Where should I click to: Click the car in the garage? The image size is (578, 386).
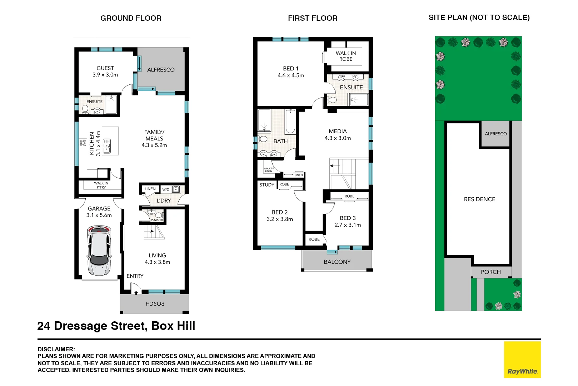[x=99, y=251]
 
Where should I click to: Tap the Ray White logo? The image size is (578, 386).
[x=522, y=360]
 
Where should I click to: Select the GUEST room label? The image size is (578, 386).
[x=105, y=68]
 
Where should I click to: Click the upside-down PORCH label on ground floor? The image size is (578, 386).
[x=155, y=304]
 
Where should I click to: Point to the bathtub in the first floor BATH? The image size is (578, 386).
[x=290, y=122]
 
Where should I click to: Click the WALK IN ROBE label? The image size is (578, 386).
[x=345, y=56]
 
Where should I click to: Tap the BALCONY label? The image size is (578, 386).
[x=337, y=262]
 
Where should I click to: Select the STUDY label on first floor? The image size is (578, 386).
[x=267, y=185]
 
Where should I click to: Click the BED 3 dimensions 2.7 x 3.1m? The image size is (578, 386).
[x=348, y=225]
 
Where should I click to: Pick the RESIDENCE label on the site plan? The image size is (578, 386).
[x=479, y=199]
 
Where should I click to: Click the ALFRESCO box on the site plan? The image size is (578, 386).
[x=495, y=134]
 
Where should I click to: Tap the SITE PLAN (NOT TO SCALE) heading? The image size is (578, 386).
[x=479, y=18]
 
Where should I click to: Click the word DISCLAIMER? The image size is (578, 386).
[x=56, y=349]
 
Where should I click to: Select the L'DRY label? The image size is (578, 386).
[x=164, y=201]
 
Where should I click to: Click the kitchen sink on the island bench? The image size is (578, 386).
[x=106, y=146]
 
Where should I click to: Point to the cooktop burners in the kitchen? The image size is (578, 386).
[x=83, y=143]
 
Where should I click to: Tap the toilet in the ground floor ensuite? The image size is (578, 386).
[x=85, y=108]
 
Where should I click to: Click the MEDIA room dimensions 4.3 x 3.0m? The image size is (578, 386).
[x=338, y=138]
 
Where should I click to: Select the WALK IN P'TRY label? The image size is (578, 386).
[x=101, y=185]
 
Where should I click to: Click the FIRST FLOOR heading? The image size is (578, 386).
[x=313, y=18]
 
